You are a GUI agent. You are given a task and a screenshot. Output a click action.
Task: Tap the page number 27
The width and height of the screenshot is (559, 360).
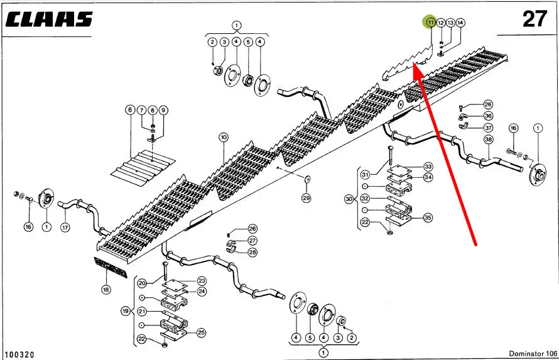coord(535,19)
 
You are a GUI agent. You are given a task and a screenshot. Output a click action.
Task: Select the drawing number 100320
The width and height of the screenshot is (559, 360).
coord(18,354)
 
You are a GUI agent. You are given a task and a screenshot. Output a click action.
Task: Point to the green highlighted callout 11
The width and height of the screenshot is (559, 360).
coord(430,23)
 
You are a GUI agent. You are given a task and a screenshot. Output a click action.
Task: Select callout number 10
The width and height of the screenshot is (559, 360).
coord(224,137)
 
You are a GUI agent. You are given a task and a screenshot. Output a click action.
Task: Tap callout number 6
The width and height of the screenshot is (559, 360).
coord(130,110)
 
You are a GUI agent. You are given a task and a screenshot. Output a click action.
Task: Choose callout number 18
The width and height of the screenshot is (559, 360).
coord(106,290)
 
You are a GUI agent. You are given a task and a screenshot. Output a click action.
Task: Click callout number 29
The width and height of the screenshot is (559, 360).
coord(307,199)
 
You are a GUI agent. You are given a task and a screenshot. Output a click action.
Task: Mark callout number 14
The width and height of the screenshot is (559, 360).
coord(461,23)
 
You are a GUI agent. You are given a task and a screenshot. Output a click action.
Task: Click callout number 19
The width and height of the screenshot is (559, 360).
coord(126,311)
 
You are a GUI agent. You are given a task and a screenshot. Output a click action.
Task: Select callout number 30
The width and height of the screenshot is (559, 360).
coord(349,199)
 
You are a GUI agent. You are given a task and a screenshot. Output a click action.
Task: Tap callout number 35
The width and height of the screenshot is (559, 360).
coord(428,217)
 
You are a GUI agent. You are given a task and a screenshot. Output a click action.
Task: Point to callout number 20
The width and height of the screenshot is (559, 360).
coord(142,283)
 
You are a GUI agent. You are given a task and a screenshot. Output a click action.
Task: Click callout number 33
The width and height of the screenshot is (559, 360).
coord(428,166)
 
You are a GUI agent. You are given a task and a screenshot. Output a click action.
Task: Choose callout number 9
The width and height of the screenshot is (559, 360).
coord(163,110)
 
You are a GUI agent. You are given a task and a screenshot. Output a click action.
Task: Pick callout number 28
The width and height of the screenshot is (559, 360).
coord(252,253)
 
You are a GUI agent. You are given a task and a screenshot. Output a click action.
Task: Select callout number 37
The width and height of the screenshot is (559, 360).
coord(488,128)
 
